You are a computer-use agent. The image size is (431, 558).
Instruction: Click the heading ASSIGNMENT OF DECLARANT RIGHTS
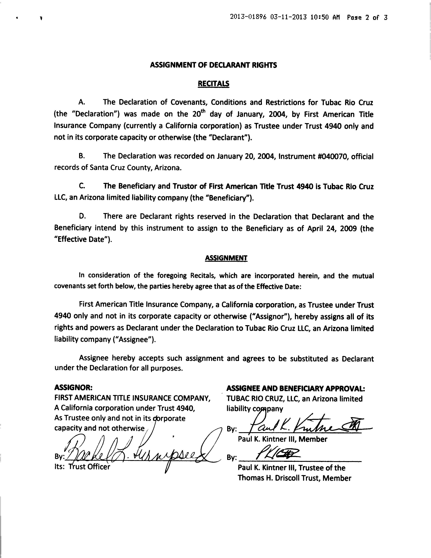(213, 65)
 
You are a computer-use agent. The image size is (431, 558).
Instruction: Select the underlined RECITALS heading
(213, 84)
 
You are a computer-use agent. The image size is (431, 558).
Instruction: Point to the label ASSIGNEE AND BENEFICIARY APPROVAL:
(296, 388)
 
